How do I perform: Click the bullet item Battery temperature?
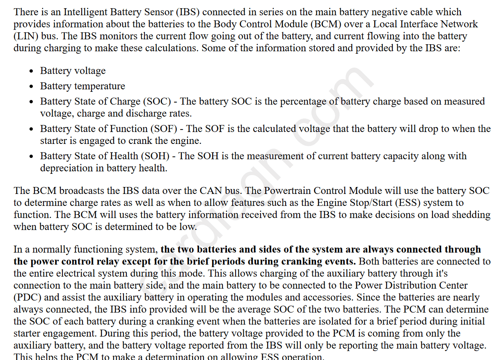click(x=82, y=86)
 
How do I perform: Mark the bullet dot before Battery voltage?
click(x=32, y=71)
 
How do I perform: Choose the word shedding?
click(x=472, y=214)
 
